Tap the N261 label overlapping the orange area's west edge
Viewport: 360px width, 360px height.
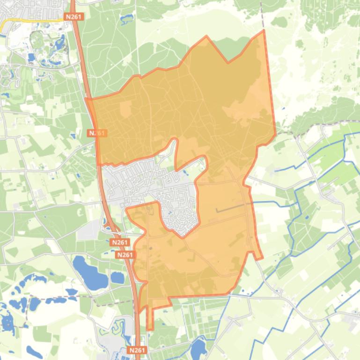(97, 133)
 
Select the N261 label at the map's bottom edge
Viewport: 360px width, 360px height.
(137, 350)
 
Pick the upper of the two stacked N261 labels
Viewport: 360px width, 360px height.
(120, 243)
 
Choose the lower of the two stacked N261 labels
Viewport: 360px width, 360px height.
(125, 255)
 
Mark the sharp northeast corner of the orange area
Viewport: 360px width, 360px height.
(264, 31)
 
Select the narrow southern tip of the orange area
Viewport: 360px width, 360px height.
(149, 323)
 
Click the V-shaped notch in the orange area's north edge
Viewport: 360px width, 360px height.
(228, 61)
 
